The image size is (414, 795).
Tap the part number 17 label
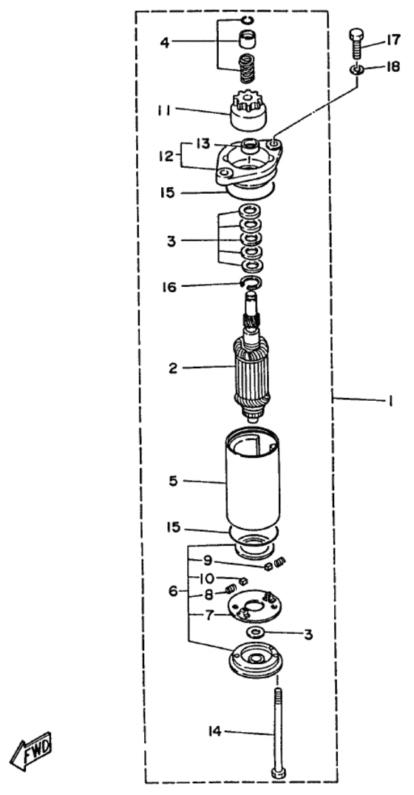point(393,39)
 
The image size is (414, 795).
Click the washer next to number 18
point(357,69)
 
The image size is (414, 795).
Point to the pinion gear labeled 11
point(248,110)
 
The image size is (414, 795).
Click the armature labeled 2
point(251,368)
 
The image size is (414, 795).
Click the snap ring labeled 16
point(251,283)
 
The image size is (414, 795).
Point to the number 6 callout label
point(173,591)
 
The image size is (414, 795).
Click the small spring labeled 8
point(230,589)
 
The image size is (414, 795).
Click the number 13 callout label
point(203,144)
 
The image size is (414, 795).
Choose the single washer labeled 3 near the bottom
point(255,632)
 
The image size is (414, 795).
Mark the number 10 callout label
point(206,578)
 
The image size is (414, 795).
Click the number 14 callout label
point(216,731)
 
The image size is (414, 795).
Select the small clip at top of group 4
point(247,20)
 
